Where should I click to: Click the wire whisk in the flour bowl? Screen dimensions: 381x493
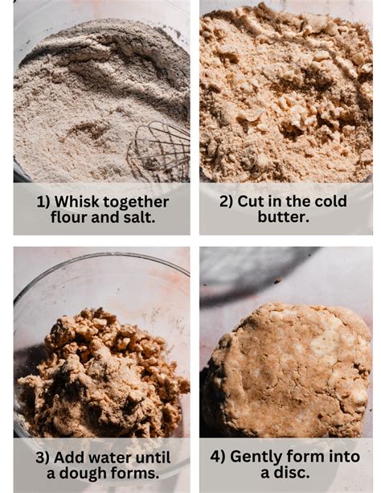pos(160,151)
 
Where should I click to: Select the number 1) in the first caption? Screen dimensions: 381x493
pos(43,202)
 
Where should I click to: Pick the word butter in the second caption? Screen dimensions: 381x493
pos(283,216)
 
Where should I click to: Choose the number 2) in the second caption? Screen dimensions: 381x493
pos(227,202)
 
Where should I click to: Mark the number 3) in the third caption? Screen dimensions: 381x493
pos(42,458)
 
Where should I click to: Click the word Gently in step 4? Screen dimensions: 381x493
pos(256,457)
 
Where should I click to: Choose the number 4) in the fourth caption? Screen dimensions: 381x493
pos(218,457)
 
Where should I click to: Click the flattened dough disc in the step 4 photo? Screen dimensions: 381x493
pos(288,371)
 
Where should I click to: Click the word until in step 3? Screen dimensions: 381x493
pos(153,458)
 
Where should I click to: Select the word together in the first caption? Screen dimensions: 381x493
pos(136,203)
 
